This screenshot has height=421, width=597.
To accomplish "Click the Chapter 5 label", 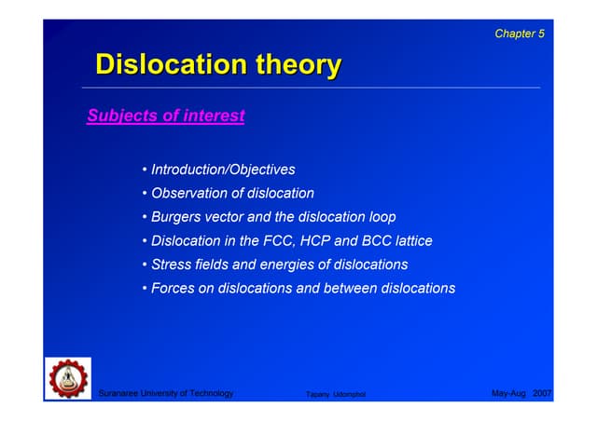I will click(520, 34).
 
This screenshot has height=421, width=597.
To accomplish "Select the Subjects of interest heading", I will click(165, 116).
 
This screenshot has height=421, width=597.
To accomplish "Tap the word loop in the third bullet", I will click(381, 217).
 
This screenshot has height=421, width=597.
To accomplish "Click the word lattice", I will click(412, 241).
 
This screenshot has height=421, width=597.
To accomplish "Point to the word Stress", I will click(173, 265).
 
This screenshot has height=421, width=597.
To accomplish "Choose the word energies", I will click(282, 265).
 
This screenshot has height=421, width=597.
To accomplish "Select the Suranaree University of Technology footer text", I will click(166, 394).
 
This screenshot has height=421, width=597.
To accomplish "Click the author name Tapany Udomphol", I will click(336, 395).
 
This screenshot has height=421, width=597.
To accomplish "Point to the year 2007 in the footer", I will click(543, 394).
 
